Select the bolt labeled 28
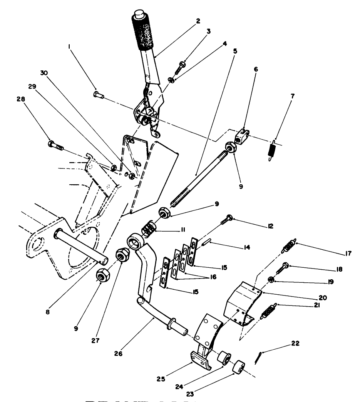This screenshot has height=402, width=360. point(54,146)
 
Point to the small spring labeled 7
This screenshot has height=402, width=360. point(272,148)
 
